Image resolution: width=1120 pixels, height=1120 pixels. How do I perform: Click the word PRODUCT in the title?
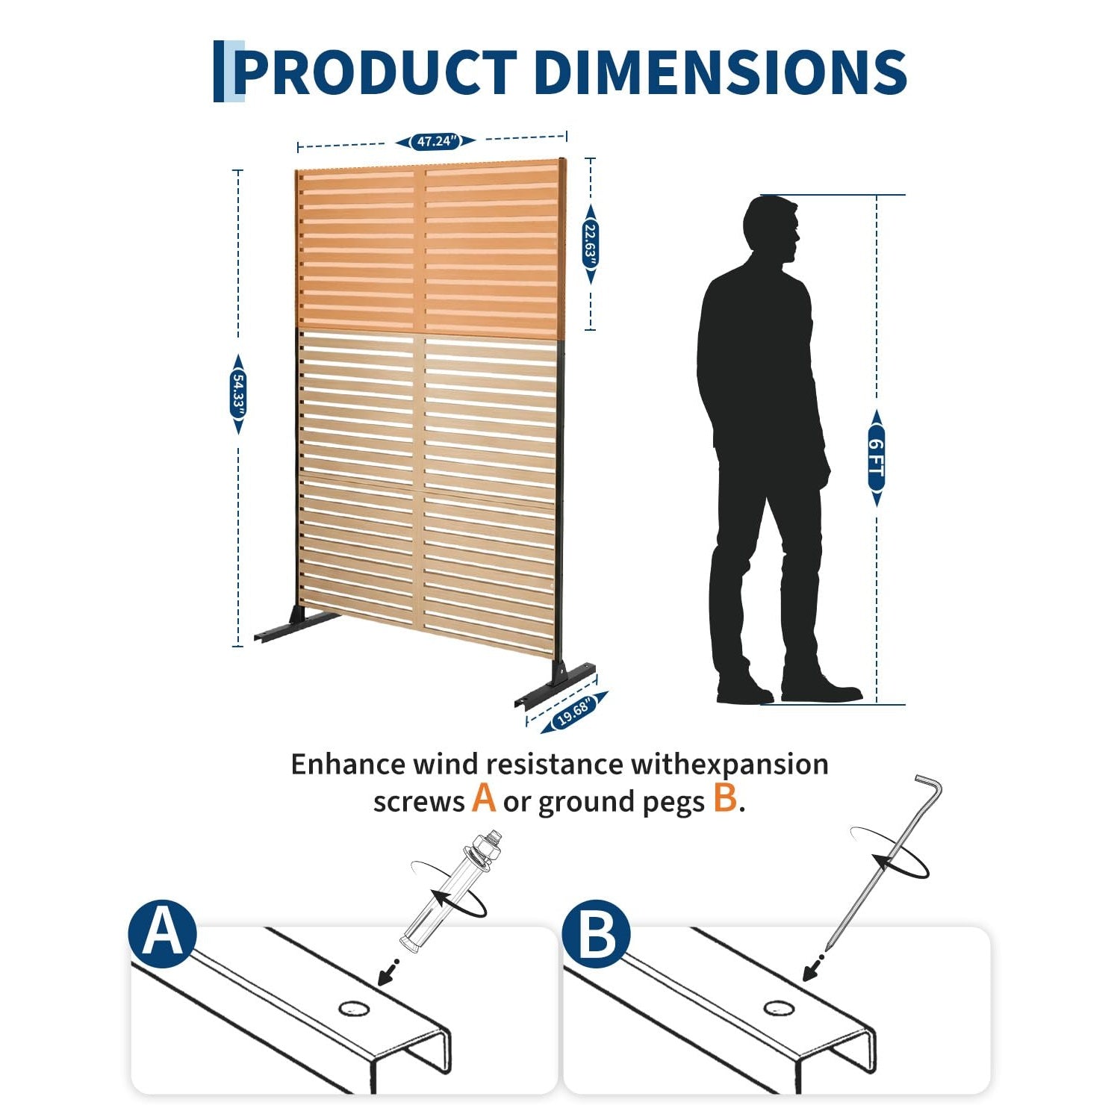click(x=375, y=72)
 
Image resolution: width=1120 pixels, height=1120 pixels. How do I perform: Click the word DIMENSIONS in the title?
click(x=721, y=72)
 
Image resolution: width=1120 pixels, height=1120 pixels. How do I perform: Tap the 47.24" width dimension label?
click(x=436, y=141)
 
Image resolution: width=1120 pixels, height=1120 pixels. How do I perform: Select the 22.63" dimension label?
click(x=591, y=243)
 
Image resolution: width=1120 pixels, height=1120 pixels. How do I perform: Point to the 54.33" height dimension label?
click(x=238, y=394)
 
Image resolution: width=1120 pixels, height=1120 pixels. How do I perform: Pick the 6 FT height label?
click(x=877, y=458)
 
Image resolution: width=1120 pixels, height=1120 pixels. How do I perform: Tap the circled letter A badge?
click(x=163, y=934)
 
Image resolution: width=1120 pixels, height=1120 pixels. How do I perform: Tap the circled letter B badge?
click(x=596, y=934)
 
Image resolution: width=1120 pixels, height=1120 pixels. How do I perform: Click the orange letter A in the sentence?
click(x=484, y=798)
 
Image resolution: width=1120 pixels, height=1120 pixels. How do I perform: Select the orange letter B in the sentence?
click(x=724, y=798)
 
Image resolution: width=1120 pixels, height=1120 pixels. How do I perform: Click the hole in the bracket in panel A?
click(x=354, y=1009)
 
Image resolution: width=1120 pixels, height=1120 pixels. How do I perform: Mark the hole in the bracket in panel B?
click(x=779, y=1009)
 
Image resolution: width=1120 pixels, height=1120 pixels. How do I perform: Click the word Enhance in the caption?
click(x=348, y=765)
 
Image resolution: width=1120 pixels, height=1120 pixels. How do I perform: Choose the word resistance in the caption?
click(x=554, y=765)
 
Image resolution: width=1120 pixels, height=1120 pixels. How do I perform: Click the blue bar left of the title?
click(x=219, y=72)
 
